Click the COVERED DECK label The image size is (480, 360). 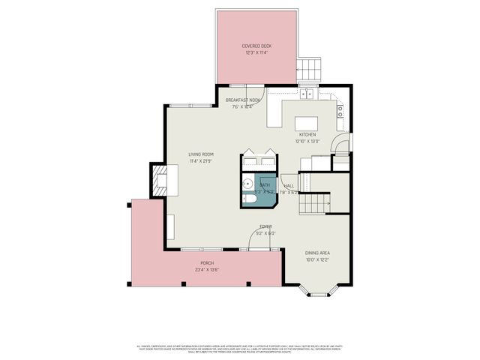coord(256,46)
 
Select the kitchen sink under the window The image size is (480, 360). coord(307,94)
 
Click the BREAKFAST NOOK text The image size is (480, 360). coord(243,100)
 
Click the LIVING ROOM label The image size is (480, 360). coord(201,154)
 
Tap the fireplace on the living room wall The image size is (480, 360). coord(160,180)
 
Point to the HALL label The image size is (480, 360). coord(289,186)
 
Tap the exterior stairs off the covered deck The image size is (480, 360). coord(309,69)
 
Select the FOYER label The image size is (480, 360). coord(265,226)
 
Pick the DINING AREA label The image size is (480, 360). coord(317,253)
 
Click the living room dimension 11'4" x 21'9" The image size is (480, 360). coord(201,161)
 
